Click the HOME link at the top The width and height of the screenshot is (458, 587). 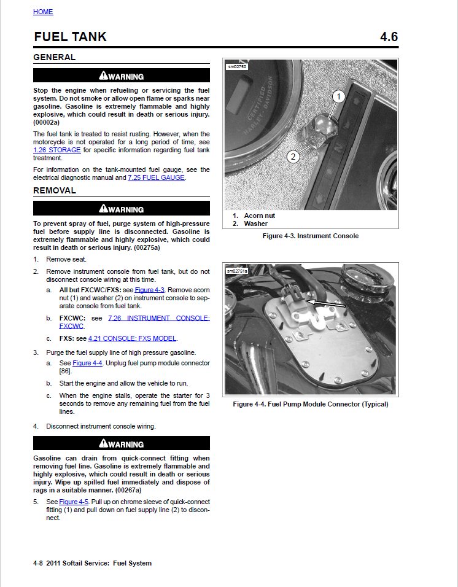pos(43,12)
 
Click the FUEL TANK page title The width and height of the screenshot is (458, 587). pos(70,37)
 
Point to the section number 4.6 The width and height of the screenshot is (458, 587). pos(389,37)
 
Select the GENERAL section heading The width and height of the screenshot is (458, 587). pos(54,58)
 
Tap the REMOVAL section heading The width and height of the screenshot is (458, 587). pos(55,191)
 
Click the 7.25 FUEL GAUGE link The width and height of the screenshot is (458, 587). pos(156,178)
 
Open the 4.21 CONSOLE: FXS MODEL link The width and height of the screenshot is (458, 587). pos(132,338)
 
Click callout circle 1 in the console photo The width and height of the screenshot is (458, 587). pos(339,96)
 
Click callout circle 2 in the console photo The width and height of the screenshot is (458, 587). pos(293,157)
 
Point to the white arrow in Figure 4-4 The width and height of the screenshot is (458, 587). pos(326,303)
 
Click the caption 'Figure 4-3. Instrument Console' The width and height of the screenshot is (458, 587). pos(310,236)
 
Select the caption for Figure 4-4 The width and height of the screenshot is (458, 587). pos(310,404)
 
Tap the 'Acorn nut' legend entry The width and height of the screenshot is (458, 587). pos(259,216)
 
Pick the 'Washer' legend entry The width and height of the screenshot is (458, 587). pos(255,224)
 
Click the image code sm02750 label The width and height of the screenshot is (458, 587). pos(237,66)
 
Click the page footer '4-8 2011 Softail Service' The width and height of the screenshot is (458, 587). pos(92,563)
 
